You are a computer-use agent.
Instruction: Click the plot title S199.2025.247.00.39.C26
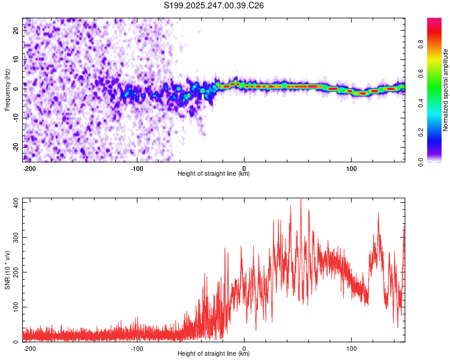click(214, 5)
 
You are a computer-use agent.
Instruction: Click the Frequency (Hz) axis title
click(7, 90)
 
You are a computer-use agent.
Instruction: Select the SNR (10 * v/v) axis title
click(7, 270)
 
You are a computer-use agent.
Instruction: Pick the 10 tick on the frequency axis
click(16, 59)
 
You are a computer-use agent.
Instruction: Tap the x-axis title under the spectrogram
click(214, 174)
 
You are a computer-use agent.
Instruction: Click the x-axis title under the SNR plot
click(214, 354)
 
